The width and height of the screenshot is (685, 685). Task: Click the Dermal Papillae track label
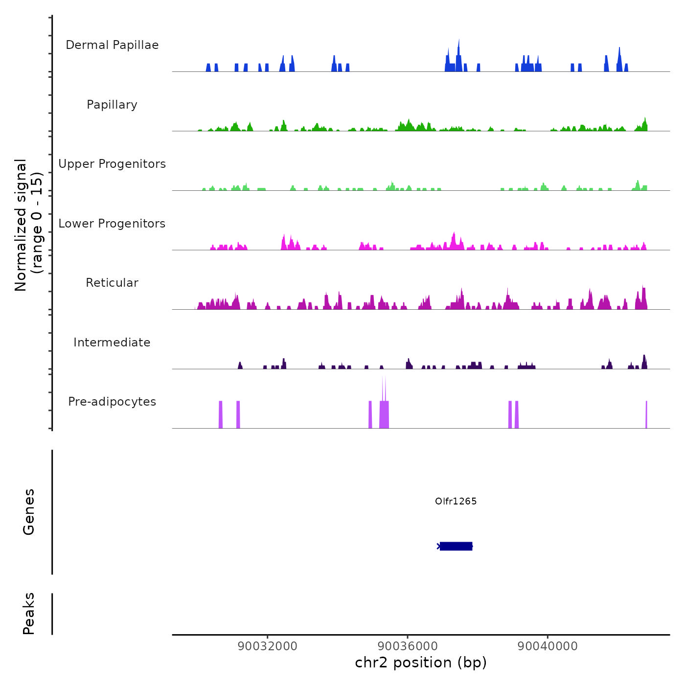tap(112, 45)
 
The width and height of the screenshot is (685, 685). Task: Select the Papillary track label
tap(112, 105)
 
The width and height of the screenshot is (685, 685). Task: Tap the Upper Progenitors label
tap(112, 164)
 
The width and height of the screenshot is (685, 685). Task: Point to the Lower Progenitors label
tap(112, 224)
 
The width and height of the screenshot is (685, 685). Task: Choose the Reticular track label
tap(112, 283)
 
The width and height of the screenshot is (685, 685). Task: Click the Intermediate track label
tap(112, 342)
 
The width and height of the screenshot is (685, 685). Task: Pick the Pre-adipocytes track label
tap(112, 402)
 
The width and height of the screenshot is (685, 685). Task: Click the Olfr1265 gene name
tap(456, 501)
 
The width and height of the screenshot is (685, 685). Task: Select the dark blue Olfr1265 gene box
tap(456, 546)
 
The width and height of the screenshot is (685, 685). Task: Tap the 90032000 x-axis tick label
tap(267, 646)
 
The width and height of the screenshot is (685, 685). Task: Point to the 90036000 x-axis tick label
tap(408, 646)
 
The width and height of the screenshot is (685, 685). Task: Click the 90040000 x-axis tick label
tap(548, 646)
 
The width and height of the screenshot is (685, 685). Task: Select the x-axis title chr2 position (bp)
tap(421, 662)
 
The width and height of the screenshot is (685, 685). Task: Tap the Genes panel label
tap(28, 511)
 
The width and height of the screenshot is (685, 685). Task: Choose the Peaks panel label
tap(28, 614)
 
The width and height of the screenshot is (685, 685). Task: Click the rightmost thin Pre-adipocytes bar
tap(646, 414)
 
